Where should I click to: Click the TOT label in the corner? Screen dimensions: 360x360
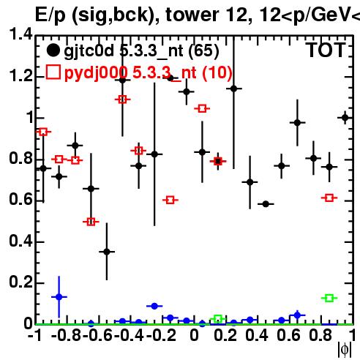point(326,50)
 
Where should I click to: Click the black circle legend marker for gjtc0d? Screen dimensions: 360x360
point(53,50)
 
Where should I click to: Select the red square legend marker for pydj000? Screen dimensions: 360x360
point(53,72)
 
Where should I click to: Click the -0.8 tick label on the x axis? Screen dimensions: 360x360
point(67,335)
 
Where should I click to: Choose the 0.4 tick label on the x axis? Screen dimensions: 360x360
point(257,335)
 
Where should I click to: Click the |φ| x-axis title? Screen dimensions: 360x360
point(345,350)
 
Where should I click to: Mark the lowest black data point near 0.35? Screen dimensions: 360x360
point(107,252)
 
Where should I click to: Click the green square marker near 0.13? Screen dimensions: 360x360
point(329,298)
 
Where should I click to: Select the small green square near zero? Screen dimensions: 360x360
point(218,318)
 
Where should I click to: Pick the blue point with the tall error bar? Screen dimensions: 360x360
point(59,297)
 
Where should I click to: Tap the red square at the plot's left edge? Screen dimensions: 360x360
point(43,132)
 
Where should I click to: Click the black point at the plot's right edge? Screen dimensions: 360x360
point(345,118)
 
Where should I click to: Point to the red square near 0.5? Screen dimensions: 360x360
point(91,222)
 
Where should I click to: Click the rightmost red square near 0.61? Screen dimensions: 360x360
point(329,198)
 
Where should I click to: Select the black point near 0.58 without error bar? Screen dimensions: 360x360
point(266,204)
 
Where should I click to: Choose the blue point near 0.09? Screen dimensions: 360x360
point(154,306)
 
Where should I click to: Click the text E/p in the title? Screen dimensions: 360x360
point(50,15)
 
